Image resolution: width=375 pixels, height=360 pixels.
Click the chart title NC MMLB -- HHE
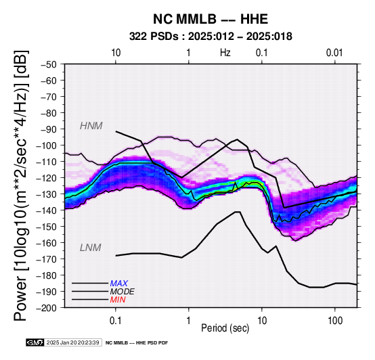[211, 19]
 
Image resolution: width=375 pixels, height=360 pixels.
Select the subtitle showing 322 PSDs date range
[211, 37]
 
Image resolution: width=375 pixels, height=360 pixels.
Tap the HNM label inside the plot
[91, 126]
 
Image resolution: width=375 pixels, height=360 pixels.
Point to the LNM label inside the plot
[91, 248]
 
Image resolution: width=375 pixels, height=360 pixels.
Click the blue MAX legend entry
[119, 284]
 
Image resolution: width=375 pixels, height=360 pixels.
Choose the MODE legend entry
[123, 292]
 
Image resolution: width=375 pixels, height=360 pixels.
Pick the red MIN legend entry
[118, 300]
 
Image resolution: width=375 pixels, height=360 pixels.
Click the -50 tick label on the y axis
[49, 64]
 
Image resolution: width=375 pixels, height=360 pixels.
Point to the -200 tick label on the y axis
[47, 308]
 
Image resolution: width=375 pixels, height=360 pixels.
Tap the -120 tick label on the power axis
[47, 178]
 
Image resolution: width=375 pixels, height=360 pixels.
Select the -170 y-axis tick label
[47, 259]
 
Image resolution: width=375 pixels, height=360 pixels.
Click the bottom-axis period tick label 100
[335, 321]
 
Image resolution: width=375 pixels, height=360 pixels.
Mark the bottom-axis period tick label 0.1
[115, 321]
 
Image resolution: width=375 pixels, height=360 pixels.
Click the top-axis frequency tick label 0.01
[334, 53]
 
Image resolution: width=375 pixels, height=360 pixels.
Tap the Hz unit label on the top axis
[225, 53]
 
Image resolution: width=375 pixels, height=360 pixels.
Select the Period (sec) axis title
[225, 328]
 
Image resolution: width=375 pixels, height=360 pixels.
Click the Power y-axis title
[20, 185]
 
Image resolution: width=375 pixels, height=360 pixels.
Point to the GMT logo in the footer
[35, 342]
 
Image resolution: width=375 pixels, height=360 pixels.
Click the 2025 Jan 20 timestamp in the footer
[72, 342]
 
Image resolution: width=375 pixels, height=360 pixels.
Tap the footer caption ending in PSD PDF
[137, 343]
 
